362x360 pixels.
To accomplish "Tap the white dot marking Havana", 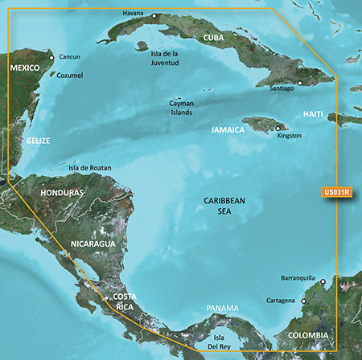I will [x=154, y=15].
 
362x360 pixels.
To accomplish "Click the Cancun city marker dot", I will [x=51, y=58].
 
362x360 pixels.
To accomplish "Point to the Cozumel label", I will [x=69, y=76].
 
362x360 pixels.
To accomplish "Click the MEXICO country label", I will [x=24, y=68].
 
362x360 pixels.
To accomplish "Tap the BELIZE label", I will [x=37, y=141].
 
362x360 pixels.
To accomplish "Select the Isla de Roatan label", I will [x=90, y=168].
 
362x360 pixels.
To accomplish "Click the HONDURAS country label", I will [x=62, y=194].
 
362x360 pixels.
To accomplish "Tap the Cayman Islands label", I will [x=182, y=108].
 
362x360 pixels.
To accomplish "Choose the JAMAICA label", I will [x=228, y=129].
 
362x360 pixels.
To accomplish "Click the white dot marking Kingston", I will [x=278, y=128].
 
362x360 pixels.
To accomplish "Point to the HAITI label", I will [x=314, y=115].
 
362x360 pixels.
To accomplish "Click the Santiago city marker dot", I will [x=300, y=82].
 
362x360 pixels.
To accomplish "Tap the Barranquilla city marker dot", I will [x=323, y=282].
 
